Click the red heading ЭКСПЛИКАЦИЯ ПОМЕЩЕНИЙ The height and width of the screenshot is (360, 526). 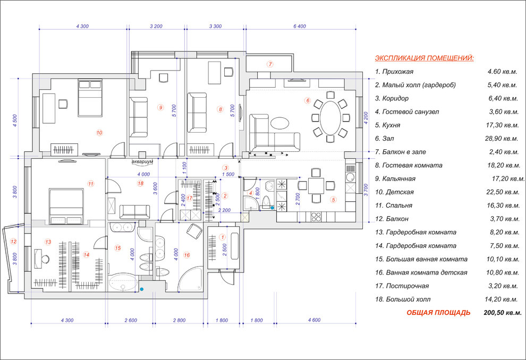pos(425,58)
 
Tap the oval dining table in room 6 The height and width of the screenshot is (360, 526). pos(330,118)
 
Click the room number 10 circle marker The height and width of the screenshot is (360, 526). pos(99,133)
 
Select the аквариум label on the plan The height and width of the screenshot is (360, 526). pos(142,161)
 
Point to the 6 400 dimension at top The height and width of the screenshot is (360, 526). pos(300,26)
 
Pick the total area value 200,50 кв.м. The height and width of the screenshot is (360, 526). pos(503,313)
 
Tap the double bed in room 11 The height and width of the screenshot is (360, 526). pos(66,206)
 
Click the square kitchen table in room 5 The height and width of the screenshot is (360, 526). pos(316,186)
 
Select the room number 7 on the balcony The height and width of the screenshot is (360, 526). pos(270,64)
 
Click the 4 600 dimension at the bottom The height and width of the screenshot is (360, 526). pos(315,320)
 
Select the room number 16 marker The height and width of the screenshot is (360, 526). pos(187,255)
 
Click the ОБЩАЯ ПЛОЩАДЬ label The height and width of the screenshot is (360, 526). pos(438,313)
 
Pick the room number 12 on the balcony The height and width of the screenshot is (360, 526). pos(13,242)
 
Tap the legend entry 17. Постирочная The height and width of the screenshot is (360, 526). pos(402,286)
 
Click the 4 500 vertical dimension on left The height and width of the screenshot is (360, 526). pos(15,121)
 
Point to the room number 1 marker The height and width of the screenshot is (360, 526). pos(222,237)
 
